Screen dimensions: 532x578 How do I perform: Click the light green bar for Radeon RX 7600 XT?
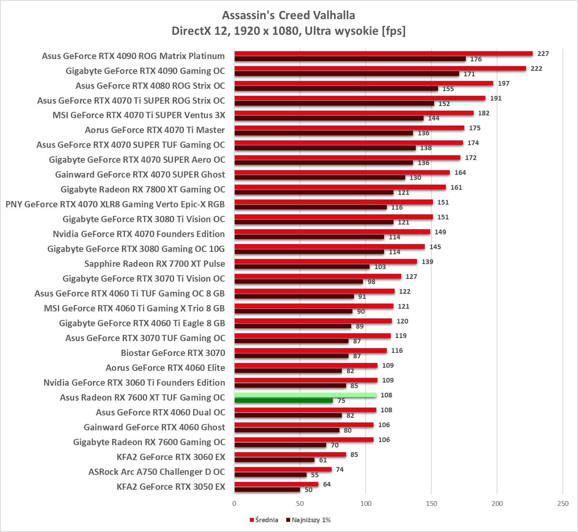tap(305, 395)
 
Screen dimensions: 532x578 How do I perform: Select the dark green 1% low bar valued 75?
tap(284, 401)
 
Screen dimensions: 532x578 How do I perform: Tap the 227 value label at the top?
tap(543, 54)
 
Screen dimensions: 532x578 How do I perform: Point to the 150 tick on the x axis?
tap(431, 503)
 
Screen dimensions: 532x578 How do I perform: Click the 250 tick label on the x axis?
tap(563, 503)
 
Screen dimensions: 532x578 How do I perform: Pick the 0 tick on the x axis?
tap(234, 503)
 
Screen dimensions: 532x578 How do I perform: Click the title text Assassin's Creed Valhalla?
tap(289, 15)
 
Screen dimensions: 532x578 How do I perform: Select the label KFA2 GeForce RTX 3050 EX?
tap(171, 487)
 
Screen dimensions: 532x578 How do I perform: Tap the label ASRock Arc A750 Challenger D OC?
tap(157, 472)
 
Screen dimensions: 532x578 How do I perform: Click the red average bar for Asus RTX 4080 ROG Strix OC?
tap(364, 83)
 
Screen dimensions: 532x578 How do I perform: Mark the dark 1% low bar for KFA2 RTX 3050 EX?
tap(267, 490)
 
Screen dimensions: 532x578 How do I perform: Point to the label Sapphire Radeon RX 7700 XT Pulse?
tap(155, 264)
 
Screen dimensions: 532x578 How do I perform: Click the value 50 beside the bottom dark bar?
tap(309, 490)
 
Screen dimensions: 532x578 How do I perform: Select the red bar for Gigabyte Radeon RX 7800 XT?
tap(340, 187)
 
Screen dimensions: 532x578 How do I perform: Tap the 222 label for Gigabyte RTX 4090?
tap(536, 68)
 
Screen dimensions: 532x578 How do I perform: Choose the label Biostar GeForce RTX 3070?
tap(173, 353)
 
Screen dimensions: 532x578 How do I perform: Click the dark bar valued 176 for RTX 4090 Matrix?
tap(350, 59)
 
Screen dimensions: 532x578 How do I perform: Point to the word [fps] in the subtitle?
tap(393, 31)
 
